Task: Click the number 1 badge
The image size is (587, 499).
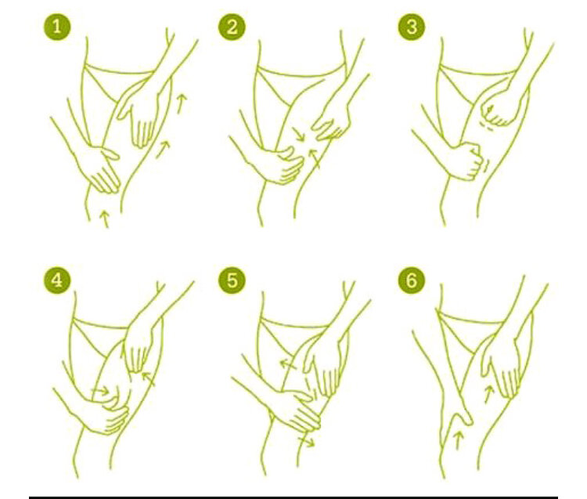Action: pos(57,27)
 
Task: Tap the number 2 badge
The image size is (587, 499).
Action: pos(232,27)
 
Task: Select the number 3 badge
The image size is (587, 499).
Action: pos(412,27)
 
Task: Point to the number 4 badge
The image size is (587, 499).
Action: pos(57,280)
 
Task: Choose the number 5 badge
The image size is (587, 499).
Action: pos(232,280)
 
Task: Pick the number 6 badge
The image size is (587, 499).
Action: pos(412,280)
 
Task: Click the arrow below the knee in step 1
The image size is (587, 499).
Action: pos(105,219)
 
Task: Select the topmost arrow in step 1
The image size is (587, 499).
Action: pos(182,103)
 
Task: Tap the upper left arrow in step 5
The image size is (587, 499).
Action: pos(288,363)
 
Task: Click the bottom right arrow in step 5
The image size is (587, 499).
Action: pos(307,442)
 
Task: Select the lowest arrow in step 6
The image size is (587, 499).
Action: pos(458,440)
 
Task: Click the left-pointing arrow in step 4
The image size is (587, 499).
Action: pos(149,379)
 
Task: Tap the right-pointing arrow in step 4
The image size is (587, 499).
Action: pos(100,392)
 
